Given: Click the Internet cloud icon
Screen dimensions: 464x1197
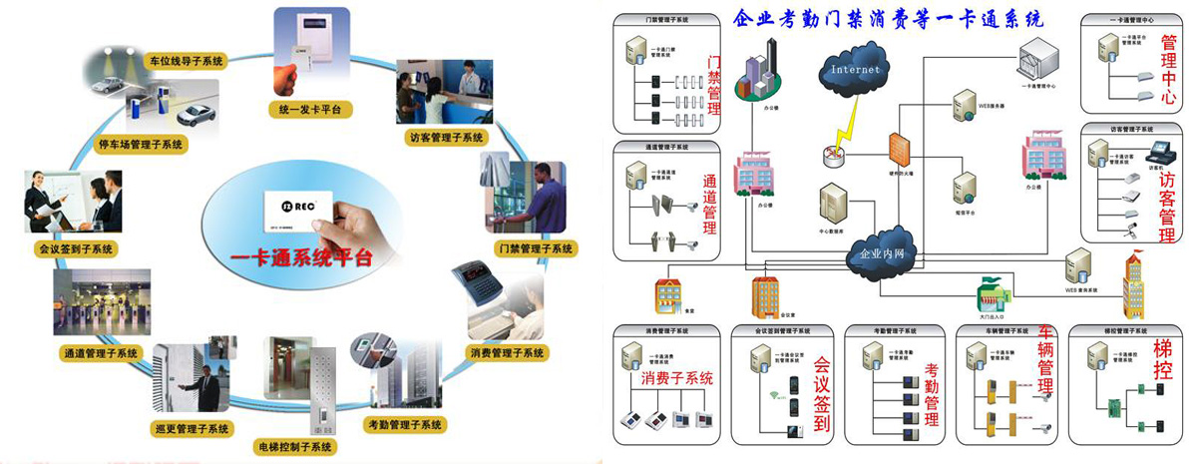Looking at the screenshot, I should point(855,70).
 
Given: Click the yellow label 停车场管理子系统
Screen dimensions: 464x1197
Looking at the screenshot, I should point(141,145).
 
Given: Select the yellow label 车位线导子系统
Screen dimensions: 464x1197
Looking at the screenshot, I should point(187,61).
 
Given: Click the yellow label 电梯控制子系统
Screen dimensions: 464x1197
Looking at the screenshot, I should point(293,446).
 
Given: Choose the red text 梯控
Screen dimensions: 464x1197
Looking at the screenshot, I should point(1163,362).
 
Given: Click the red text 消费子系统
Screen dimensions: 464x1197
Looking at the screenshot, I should point(677,379).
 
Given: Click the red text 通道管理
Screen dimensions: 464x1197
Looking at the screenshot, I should point(711,205).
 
